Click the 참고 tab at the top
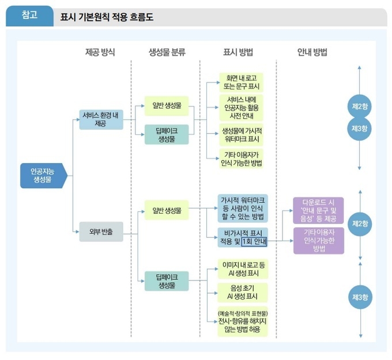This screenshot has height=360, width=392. point(29,16)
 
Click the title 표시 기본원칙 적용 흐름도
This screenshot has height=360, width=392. point(107,17)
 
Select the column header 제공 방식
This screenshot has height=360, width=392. point(100,52)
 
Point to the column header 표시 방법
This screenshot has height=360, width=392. point(238,52)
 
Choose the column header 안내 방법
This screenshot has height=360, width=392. point(312,52)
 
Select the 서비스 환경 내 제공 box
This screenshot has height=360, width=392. point(101,119)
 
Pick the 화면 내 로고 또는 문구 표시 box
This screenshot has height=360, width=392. point(242,82)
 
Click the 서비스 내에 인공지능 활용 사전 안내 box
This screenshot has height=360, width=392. point(242,108)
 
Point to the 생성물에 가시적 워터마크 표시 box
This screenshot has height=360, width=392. point(242,135)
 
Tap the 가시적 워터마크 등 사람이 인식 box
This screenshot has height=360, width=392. point(242,207)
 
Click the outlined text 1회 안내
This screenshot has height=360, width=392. point(254,242)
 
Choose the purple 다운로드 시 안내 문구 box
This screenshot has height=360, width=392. point(318,210)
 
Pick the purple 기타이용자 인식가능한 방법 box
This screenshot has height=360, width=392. point(318,240)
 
